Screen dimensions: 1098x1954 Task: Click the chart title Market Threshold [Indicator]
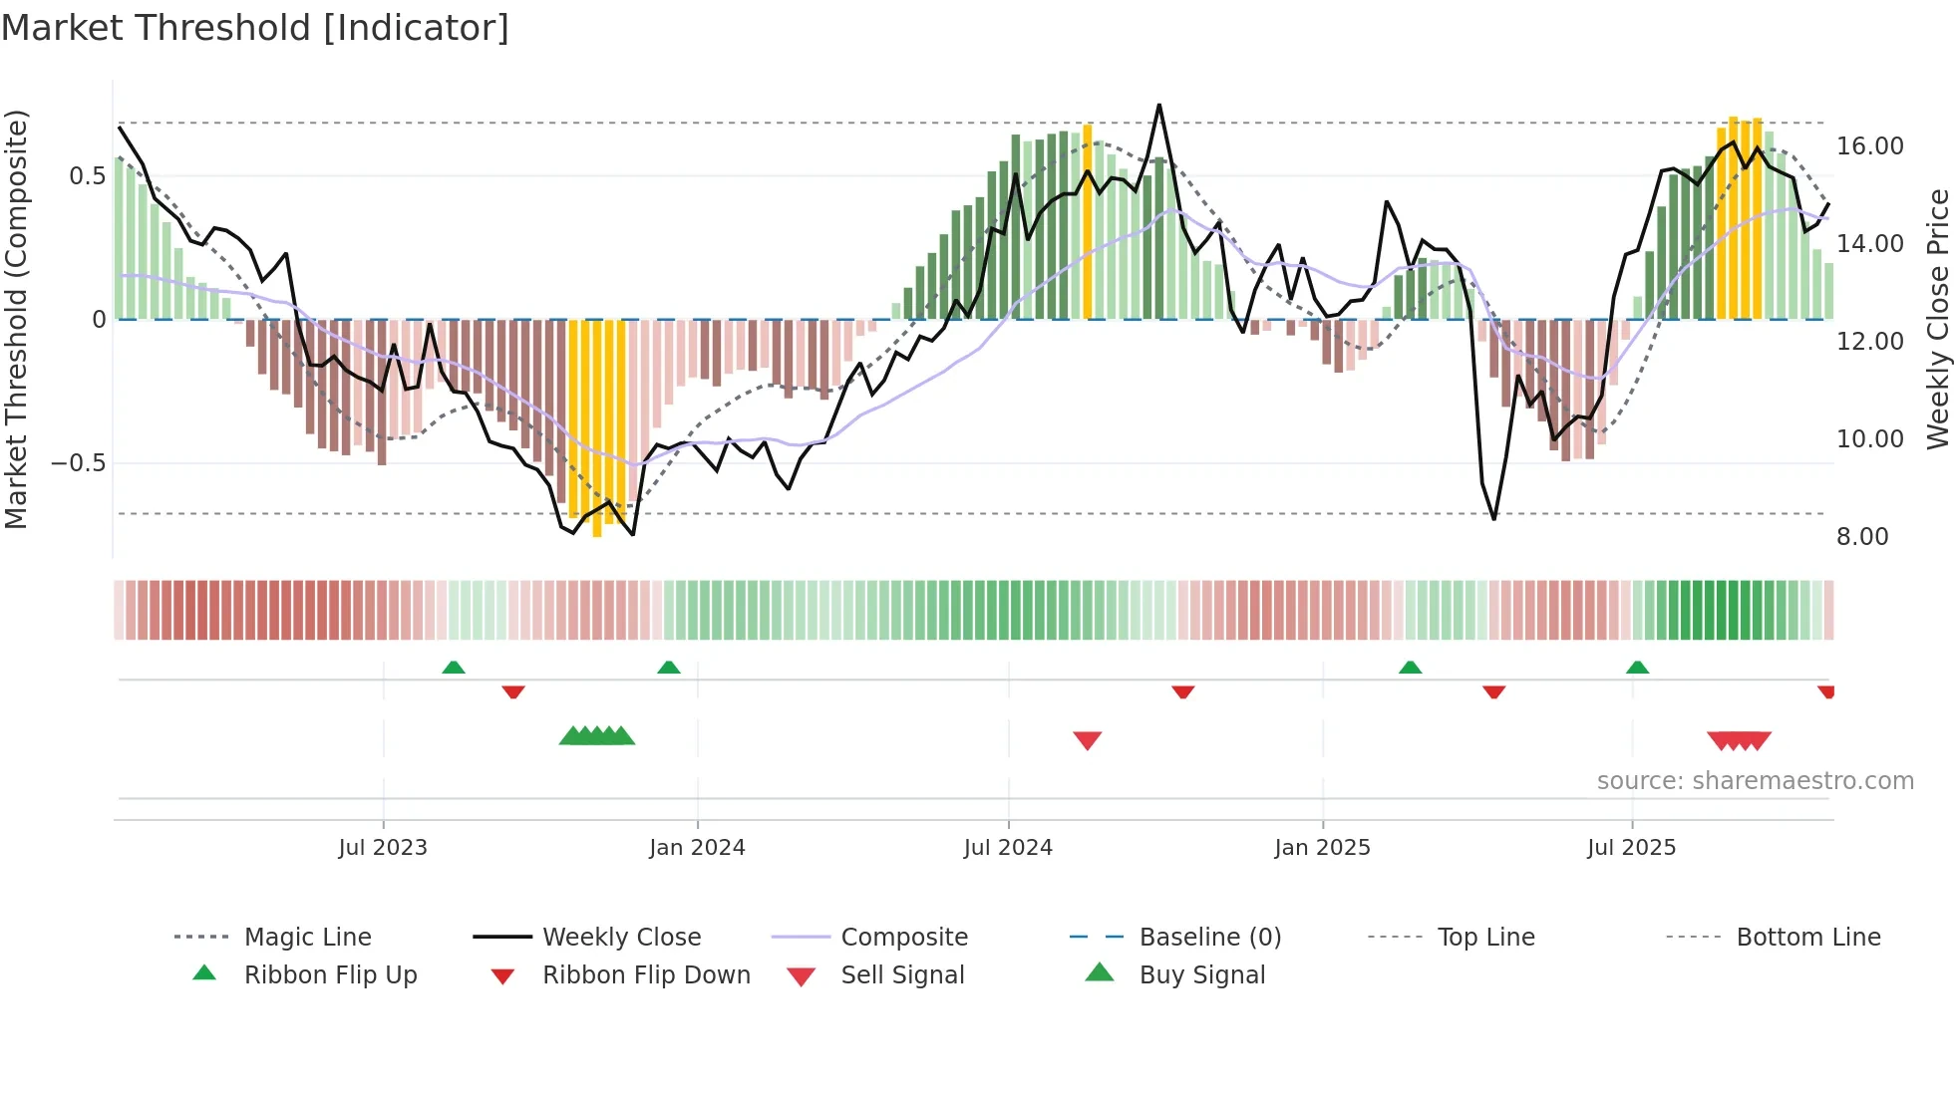[x=255, y=28]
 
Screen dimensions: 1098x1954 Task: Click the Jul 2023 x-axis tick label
[x=383, y=848]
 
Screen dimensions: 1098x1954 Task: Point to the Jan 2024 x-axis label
[x=697, y=848]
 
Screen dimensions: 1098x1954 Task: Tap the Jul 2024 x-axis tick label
[x=1008, y=848]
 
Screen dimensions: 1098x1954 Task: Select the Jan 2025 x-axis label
[x=1322, y=848]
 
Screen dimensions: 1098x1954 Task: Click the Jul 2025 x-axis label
[x=1631, y=848]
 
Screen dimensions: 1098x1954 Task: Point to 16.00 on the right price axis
[x=1869, y=146]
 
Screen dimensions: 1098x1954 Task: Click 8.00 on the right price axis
[x=1861, y=537]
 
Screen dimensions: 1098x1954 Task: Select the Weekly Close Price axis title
[x=1937, y=319]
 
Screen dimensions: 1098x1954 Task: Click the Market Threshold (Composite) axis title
[x=16, y=319]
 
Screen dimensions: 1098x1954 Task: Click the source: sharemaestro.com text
[x=1755, y=781]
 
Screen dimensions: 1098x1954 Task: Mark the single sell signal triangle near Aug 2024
[x=1087, y=740]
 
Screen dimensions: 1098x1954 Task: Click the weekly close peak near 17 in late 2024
[x=1158, y=106]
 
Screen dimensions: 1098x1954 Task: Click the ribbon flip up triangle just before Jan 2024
[x=669, y=668]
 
